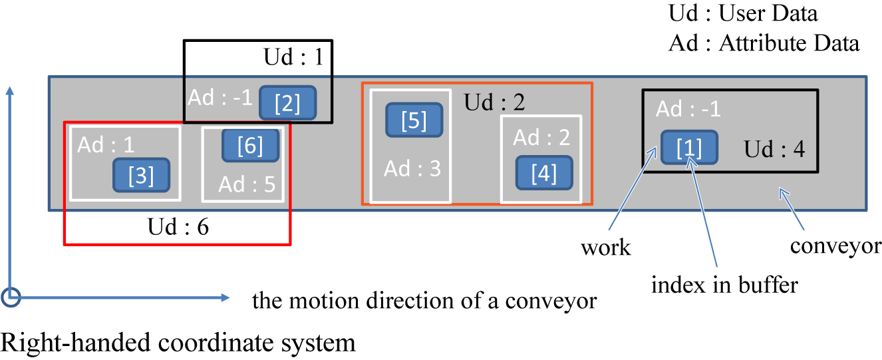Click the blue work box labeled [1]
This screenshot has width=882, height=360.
(x=689, y=146)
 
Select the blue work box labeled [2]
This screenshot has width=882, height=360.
(x=287, y=103)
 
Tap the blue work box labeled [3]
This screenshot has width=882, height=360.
(x=141, y=175)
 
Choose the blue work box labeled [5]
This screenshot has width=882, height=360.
(x=414, y=120)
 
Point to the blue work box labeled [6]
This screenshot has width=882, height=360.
(x=250, y=145)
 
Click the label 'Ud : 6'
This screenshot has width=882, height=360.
(x=178, y=227)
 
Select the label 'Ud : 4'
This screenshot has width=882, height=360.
(x=774, y=148)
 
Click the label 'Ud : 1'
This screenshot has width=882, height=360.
(x=293, y=57)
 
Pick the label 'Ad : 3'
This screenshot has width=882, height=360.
(x=412, y=168)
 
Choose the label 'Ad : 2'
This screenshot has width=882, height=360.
(x=542, y=137)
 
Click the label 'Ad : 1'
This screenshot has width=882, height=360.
(x=105, y=144)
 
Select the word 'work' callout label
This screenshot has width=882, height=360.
(x=605, y=248)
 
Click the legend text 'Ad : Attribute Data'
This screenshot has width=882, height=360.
(x=764, y=43)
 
